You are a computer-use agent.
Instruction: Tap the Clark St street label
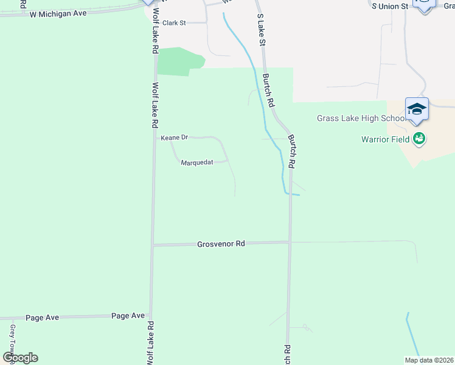[173, 23]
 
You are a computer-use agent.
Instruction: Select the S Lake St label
[262, 30]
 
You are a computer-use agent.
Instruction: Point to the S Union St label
[390, 6]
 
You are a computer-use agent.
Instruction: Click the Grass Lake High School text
[360, 119]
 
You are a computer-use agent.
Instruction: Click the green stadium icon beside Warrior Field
[419, 139]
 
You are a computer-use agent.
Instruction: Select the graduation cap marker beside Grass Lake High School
[417, 109]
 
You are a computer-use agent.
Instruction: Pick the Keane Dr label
[173, 138]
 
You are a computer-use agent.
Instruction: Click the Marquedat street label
[196, 162]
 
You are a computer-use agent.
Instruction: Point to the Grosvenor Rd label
[221, 244]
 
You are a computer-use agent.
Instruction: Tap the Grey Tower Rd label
[12, 341]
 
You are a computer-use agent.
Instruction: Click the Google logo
[20, 358]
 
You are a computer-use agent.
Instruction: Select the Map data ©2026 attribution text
[429, 360]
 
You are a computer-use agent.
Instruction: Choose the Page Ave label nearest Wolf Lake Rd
[128, 316]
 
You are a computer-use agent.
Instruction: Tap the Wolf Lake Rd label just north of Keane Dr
[155, 105]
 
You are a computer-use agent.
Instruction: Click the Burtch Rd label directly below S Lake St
[268, 89]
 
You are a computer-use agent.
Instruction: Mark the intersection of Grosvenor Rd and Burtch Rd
[290, 242]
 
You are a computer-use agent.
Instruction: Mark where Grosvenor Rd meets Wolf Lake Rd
[152, 245]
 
